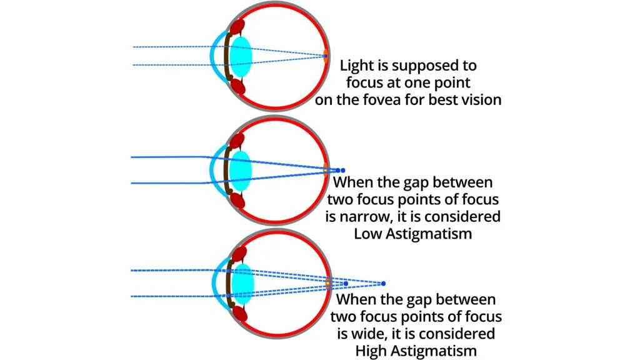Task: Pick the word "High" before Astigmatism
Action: click(x=372, y=351)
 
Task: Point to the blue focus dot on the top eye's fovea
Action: click(x=326, y=56)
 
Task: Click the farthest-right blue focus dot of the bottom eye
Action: click(x=383, y=283)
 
